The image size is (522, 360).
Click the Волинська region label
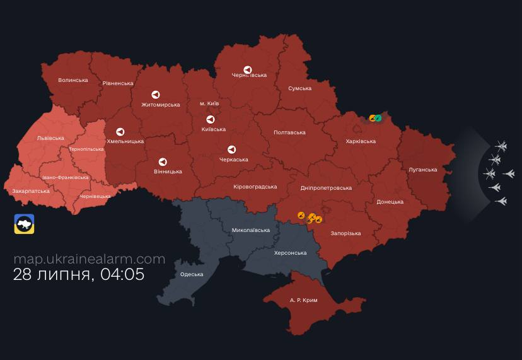pos(73,80)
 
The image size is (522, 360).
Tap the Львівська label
pos(50,138)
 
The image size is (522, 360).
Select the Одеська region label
pos(192,274)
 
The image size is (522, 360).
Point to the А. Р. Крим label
pos(303,300)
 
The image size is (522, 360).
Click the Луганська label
pos(422,170)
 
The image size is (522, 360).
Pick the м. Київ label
pos(209,103)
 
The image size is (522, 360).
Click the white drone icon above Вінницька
pos(163,162)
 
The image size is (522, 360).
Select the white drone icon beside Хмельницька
pos(120,132)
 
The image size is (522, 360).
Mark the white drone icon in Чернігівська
pos(248,70)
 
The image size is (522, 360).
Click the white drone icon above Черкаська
pos(231,149)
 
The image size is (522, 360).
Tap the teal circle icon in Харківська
pos(378,118)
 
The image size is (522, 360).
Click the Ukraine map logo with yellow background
pos(25,224)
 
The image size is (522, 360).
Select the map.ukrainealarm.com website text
pos(90,259)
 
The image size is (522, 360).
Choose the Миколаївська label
pos(251,230)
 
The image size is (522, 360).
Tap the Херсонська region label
pos(290,253)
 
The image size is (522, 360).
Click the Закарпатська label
pos(31,190)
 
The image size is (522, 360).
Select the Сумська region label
pos(299,88)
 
